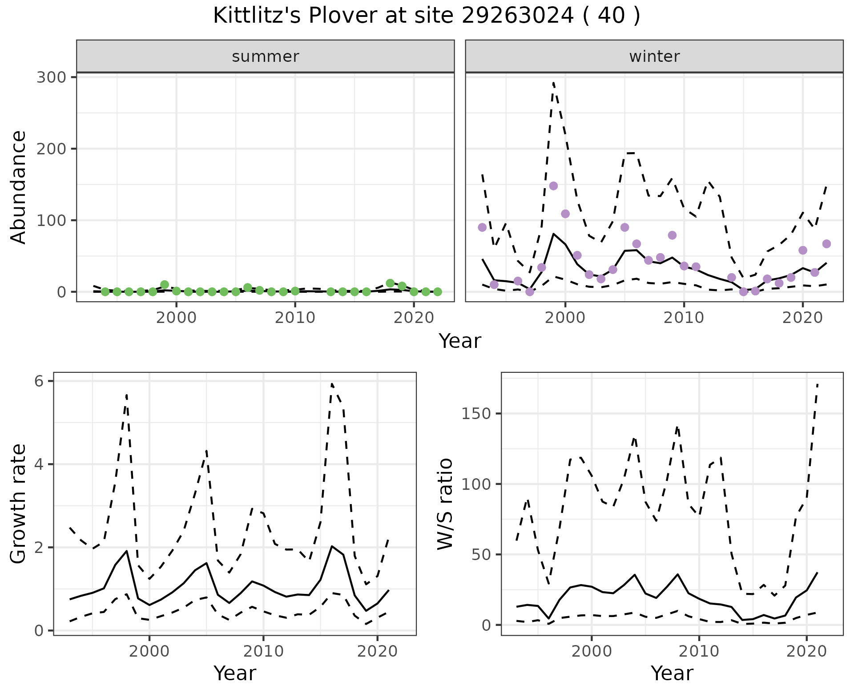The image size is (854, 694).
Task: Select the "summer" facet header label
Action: (266, 56)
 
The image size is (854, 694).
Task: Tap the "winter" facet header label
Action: (654, 56)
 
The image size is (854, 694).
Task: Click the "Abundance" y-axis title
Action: (19, 187)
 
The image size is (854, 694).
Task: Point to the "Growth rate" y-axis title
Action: (19, 504)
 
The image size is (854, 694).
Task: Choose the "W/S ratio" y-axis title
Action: (445, 504)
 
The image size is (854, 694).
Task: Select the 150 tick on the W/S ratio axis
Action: (476, 414)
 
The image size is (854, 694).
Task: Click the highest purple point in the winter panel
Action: (553, 186)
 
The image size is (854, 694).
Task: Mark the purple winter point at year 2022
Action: (826, 244)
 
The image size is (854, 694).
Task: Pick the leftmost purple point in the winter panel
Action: (482, 227)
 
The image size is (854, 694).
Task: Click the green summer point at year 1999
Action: (165, 285)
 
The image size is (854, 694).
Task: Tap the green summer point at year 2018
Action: (390, 283)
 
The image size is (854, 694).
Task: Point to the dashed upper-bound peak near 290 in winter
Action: (553, 83)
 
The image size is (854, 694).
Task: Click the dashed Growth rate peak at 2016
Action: (332, 383)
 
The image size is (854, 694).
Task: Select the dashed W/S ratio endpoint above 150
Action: (818, 383)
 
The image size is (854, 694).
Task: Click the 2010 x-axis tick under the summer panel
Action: (295, 318)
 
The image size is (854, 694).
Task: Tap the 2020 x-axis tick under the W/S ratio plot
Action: (806, 651)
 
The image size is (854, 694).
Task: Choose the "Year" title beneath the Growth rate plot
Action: (235, 674)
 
